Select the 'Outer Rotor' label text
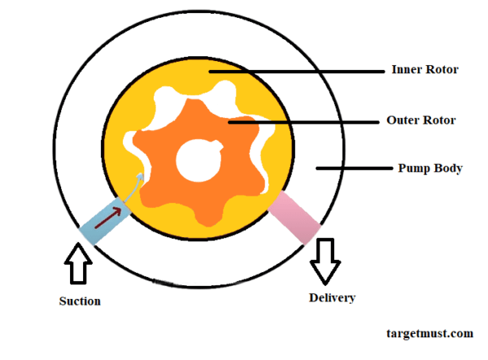(x=420, y=120)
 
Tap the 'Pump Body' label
(x=429, y=169)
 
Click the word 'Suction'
(x=80, y=301)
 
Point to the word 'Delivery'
(x=332, y=297)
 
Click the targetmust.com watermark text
(x=429, y=333)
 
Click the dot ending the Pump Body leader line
(x=317, y=169)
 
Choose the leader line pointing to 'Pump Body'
(x=358, y=169)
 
